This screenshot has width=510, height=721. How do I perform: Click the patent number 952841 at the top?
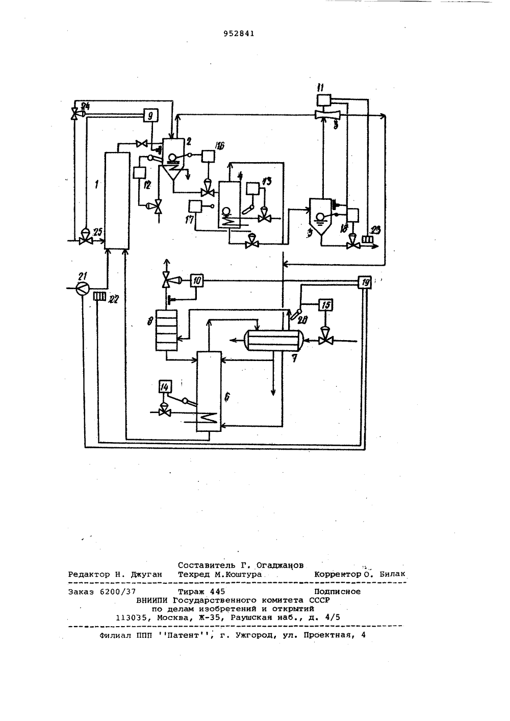tap(239, 34)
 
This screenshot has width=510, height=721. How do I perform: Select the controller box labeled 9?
tap(150, 115)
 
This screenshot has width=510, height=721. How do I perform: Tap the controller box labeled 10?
tap(196, 280)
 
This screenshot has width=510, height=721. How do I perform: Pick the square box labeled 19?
tap(365, 282)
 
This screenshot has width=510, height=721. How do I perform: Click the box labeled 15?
tap(326, 304)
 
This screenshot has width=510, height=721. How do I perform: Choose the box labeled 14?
tap(165, 387)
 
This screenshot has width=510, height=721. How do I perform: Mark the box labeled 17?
tap(196, 207)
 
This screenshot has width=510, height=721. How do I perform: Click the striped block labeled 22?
tap(99, 296)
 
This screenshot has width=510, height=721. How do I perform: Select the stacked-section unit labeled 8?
tap(166, 330)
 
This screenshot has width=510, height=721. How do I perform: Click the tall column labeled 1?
tap(117, 200)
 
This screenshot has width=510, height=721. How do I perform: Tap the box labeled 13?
tap(253, 189)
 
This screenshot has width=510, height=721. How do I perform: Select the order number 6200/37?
tap(118, 591)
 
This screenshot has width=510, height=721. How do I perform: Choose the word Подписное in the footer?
tap(337, 591)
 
